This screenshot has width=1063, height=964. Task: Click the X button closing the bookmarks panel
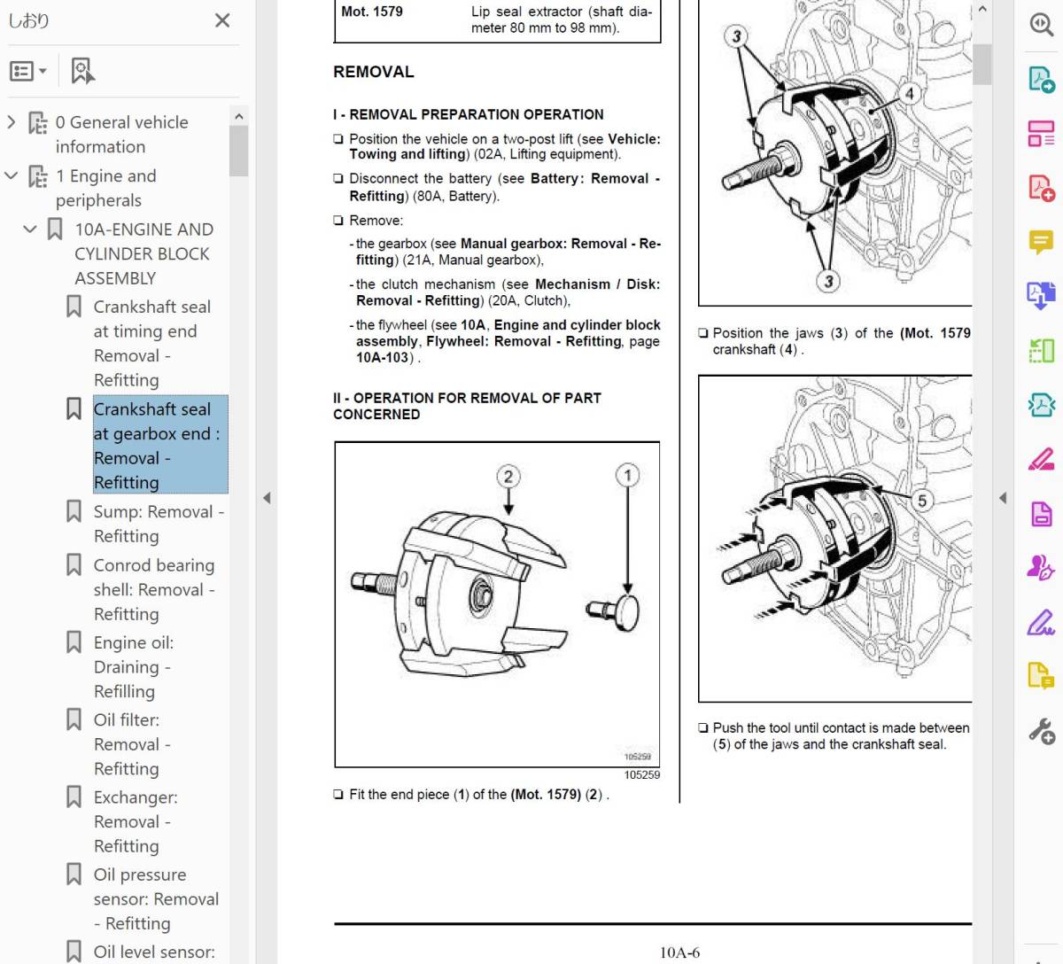tap(222, 20)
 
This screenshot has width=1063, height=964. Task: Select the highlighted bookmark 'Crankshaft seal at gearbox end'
tap(156, 445)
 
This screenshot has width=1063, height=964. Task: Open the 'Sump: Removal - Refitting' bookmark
tap(158, 523)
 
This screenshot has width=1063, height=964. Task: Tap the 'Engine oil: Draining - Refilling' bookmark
tap(133, 666)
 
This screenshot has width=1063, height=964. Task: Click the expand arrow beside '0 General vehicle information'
tap(12, 121)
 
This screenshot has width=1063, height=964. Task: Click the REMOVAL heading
tap(373, 72)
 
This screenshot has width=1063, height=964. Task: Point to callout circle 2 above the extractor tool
tap(508, 477)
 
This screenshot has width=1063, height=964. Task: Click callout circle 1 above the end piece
tap(627, 475)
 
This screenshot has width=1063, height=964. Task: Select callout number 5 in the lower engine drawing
tap(921, 501)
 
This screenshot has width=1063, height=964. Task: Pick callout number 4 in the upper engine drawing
tap(909, 93)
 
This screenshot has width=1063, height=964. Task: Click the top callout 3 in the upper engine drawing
tap(736, 36)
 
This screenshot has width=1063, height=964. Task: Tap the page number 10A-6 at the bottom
tap(679, 952)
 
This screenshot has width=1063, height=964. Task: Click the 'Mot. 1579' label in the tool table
tap(372, 12)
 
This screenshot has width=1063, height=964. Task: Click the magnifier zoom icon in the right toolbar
tap(1041, 24)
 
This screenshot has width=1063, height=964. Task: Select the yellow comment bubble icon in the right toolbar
tap(1041, 241)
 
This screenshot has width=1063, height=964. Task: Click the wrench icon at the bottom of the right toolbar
tap(1041, 731)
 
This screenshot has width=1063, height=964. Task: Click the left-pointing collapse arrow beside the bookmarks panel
tap(266, 498)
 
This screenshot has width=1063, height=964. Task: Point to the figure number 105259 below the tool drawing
tap(641, 774)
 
